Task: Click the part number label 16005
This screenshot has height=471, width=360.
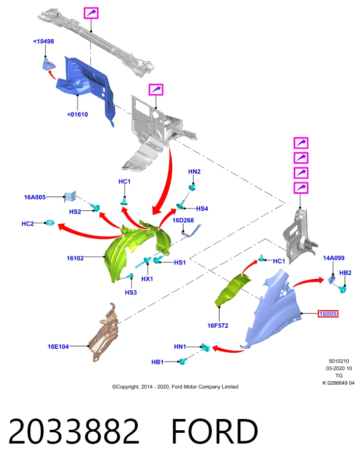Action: click(328, 314)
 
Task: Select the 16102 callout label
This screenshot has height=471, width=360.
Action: click(75, 258)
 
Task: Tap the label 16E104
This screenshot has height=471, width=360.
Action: click(58, 346)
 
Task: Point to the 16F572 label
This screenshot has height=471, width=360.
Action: click(218, 325)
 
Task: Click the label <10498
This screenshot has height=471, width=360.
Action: click(44, 41)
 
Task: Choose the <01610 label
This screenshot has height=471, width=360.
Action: click(77, 114)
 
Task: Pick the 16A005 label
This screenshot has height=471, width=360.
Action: click(35, 197)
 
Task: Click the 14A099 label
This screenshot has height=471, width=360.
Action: click(334, 258)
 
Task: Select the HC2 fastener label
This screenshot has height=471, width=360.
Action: click(27, 224)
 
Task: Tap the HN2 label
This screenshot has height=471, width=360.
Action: click(194, 172)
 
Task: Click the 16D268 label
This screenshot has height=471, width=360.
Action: click(183, 220)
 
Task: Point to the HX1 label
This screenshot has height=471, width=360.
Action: click(147, 279)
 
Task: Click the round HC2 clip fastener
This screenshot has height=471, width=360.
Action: click(50, 223)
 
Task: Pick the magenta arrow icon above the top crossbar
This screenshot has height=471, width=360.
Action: click(91, 13)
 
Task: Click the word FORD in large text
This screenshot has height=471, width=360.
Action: click(214, 431)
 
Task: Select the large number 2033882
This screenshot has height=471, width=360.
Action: click(74, 431)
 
